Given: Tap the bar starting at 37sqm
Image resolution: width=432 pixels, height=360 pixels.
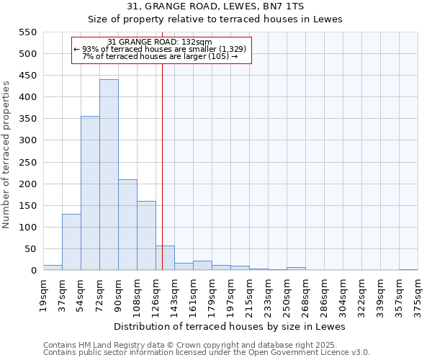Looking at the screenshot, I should click(71, 242).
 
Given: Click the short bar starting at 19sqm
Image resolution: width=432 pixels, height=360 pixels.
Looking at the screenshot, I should click(53, 268).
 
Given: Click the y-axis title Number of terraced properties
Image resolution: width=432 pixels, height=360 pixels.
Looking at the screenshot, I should click(6, 155).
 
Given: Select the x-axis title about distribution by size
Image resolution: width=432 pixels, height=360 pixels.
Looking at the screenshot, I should click(230, 326).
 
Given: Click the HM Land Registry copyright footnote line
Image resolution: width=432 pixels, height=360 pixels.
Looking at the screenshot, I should click(205, 345).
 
